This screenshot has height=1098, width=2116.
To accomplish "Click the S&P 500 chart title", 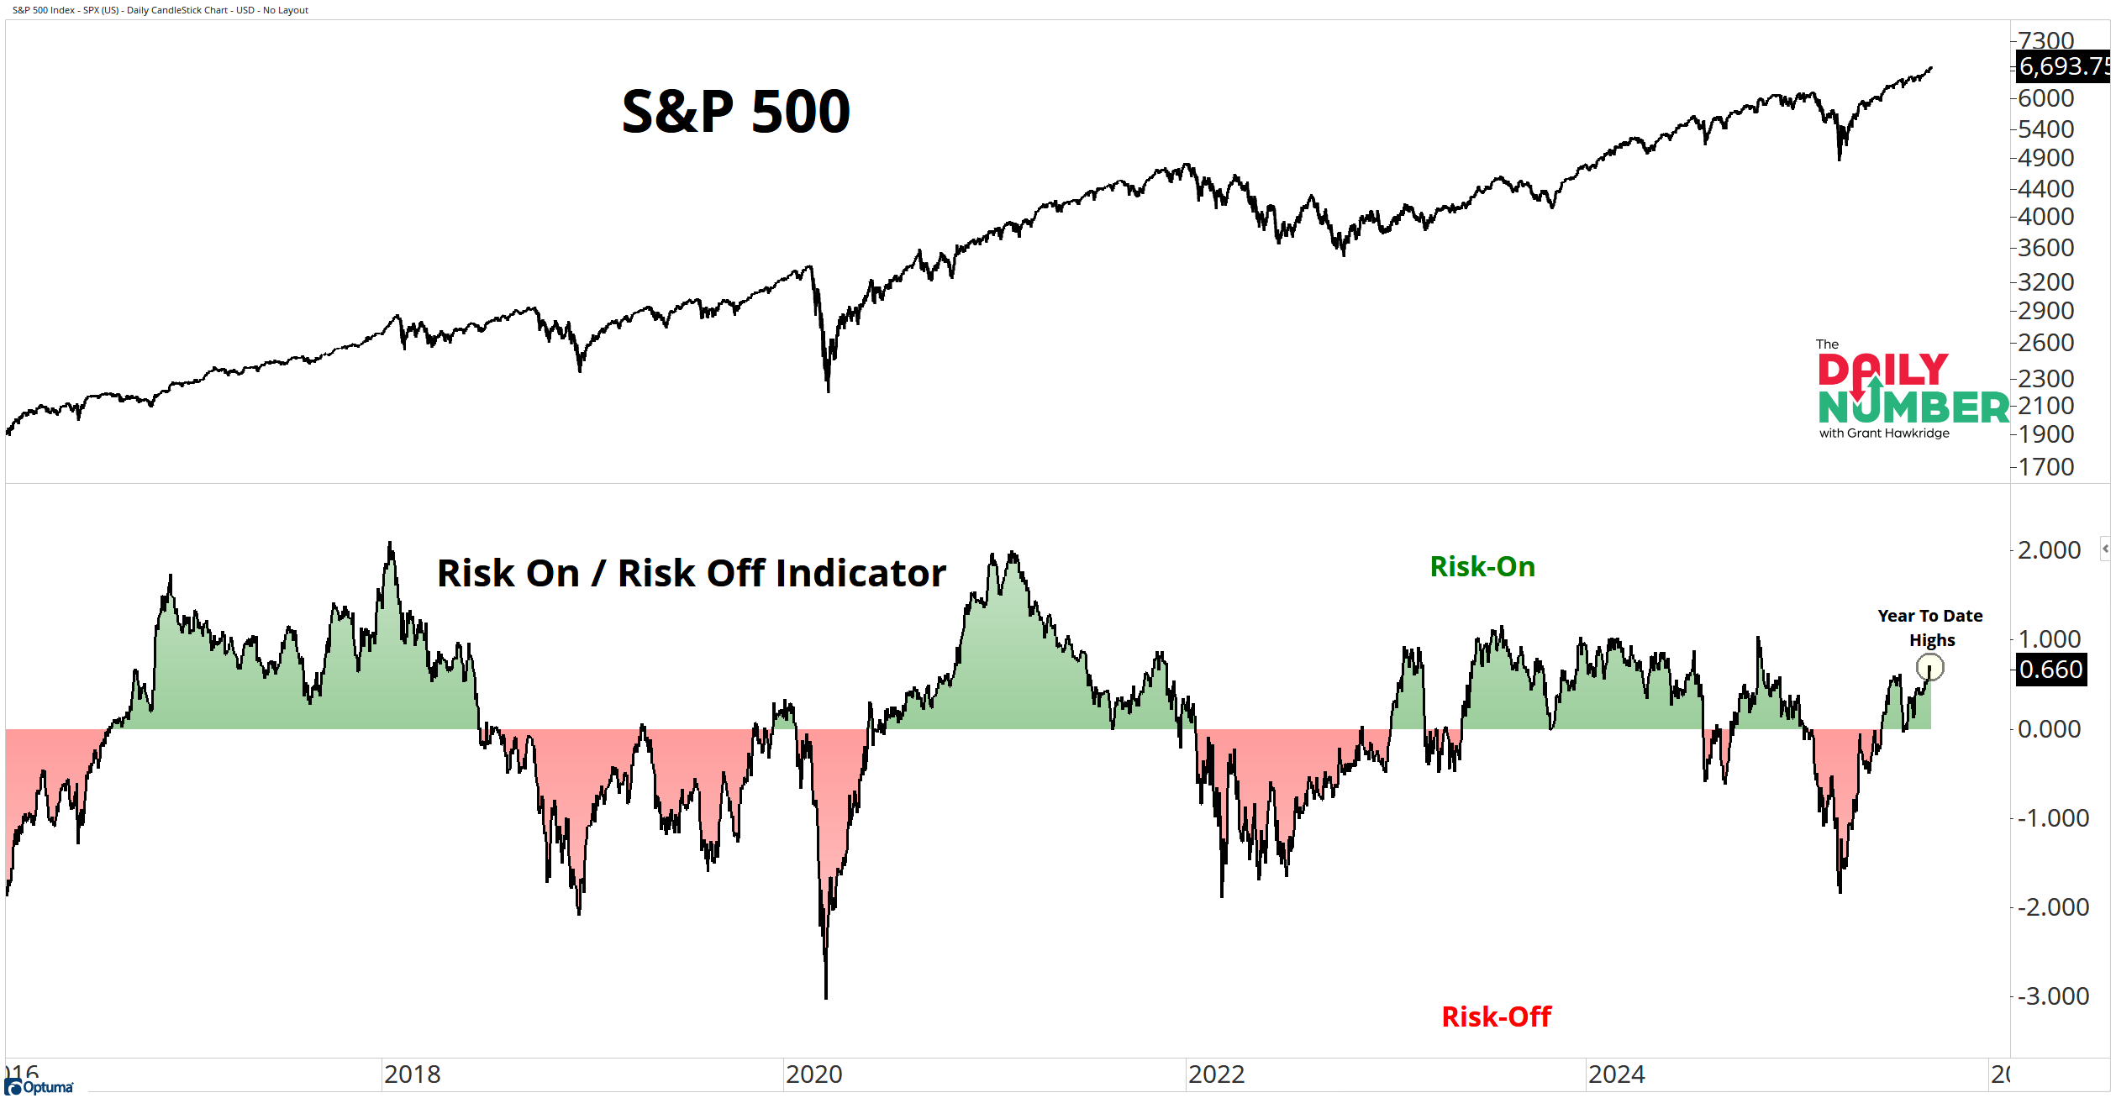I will pos(735,112).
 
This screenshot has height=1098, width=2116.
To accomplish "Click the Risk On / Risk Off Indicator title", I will pos(691,573).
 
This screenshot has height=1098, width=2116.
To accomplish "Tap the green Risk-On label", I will pos(1482,567).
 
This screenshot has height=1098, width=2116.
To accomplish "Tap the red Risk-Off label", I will pos(1496,1017).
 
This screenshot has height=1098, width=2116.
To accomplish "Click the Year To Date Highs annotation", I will pos(1930,628).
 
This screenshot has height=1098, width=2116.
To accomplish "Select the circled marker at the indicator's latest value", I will pos(1929,668).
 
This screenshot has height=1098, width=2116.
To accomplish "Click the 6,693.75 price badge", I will pos(2062,66).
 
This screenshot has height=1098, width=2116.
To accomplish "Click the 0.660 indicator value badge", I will pos(2050,670).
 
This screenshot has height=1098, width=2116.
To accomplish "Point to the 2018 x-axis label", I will pos(412,1074).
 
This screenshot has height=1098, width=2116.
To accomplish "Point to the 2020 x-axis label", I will pos(813,1074).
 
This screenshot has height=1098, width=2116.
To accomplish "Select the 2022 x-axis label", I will pos(1215,1074).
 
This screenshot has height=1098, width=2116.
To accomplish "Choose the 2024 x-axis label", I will pos(1616,1074).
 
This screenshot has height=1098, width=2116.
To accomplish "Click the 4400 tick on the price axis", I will pos(2045,189).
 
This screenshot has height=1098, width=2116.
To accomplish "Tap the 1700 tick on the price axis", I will pos(2045,467).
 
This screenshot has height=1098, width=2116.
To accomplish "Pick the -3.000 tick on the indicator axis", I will pos(2053,996).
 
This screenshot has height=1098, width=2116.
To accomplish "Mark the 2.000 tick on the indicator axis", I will pos(2049,550).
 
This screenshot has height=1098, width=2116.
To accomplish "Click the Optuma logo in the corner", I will pos(39,1088).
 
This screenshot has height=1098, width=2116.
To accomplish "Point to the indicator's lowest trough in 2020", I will pos(826,997).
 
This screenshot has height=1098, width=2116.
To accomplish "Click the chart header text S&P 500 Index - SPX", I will pos(160,10).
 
